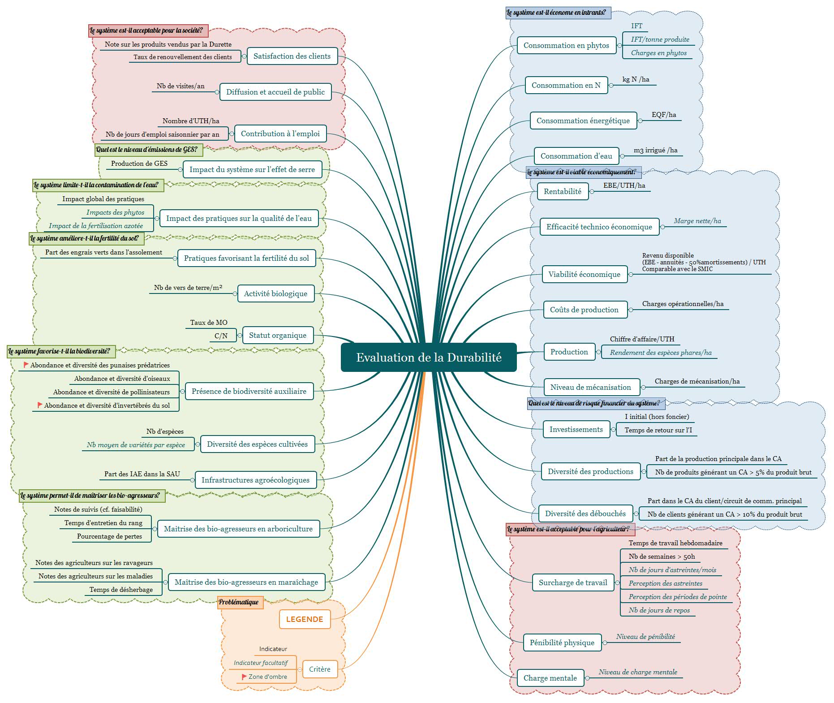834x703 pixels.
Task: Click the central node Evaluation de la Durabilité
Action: tap(429, 358)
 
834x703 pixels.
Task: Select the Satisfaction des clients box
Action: tap(292, 56)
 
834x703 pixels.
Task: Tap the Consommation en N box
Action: tap(566, 85)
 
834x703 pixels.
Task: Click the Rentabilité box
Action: tap(563, 191)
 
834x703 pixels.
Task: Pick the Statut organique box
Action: tap(278, 335)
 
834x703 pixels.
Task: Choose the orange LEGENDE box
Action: tap(305, 619)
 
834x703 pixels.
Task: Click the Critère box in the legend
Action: tap(320, 669)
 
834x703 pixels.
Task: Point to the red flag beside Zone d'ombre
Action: tap(244, 677)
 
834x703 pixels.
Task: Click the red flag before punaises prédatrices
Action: tap(26, 365)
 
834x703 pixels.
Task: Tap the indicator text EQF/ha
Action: tap(664, 115)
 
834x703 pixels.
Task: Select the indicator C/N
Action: tap(221, 336)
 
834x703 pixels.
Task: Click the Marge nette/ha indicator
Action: tap(697, 221)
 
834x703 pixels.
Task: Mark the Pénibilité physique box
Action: tap(562, 643)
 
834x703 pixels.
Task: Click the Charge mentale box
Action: tap(550, 678)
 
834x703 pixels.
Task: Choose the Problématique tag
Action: tap(239, 602)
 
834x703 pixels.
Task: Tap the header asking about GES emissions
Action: tap(146, 150)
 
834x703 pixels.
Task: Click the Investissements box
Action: tap(576, 429)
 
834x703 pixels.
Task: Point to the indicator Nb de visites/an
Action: tap(181, 86)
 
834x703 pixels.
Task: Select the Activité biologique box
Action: tap(275, 293)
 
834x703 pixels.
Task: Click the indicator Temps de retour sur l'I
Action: tap(658, 430)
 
